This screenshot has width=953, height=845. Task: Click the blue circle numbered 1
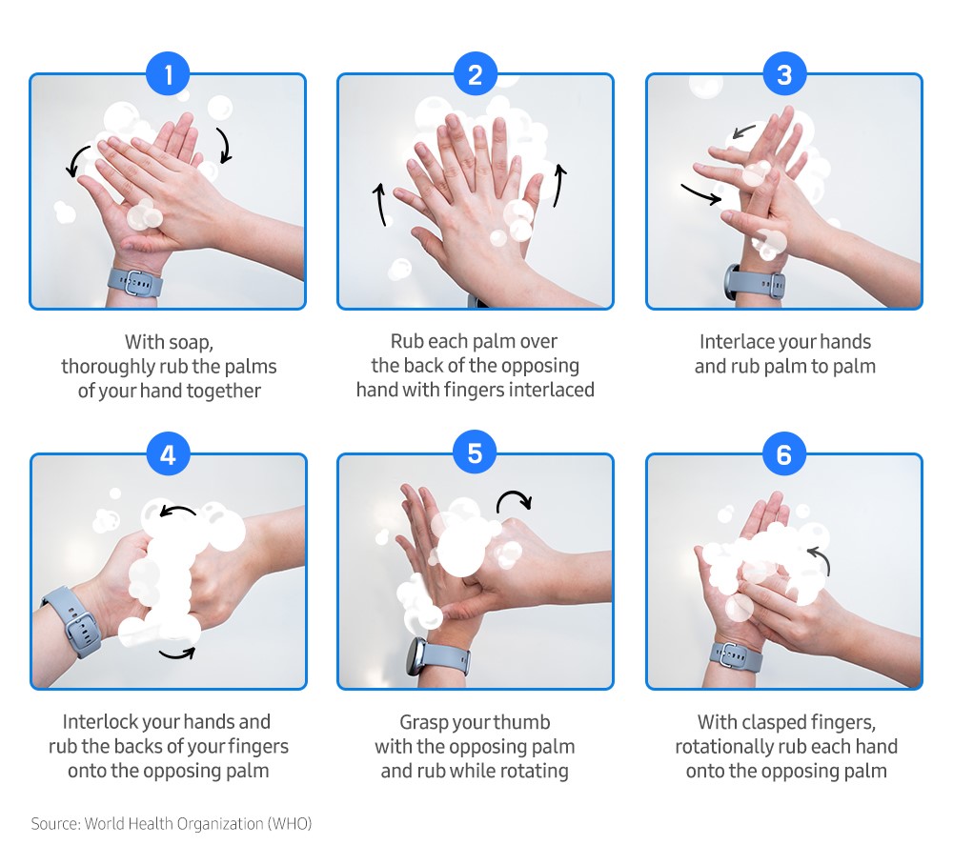(169, 75)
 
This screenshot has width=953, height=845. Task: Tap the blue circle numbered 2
(476, 75)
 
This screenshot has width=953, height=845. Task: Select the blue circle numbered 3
(783, 75)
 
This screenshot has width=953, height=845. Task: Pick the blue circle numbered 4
(169, 454)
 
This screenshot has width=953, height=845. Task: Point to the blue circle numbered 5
(476, 454)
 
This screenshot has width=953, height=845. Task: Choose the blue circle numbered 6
(783, 454)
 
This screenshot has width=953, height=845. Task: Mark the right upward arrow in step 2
(559, 186)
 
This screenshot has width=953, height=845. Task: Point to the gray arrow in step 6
(820, 560)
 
